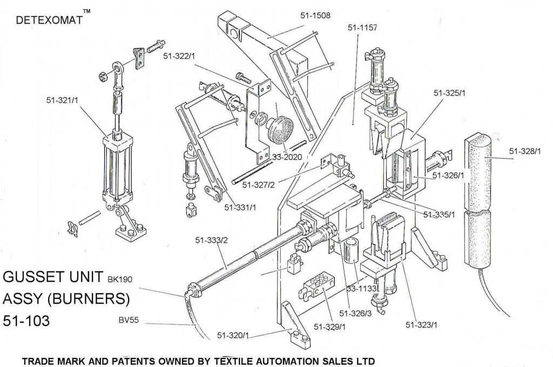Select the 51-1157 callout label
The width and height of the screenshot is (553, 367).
[363, 27]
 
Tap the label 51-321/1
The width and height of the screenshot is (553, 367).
[63, 99]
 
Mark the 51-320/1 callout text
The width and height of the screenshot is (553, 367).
[233, 336]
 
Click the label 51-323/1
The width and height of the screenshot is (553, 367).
[421, 325]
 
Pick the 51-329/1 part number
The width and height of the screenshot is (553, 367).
[330, 326]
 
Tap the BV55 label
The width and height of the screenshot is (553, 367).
[129, 320]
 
